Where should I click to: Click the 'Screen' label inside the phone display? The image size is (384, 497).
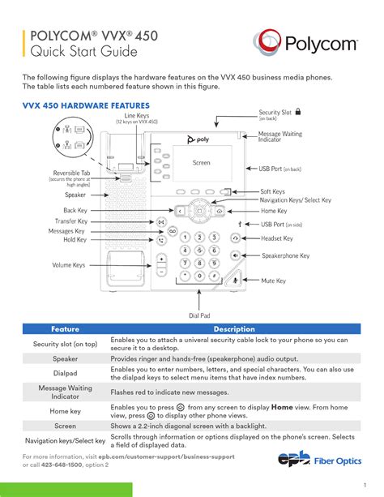point(201,163)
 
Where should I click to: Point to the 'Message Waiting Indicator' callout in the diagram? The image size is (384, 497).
point(281,137)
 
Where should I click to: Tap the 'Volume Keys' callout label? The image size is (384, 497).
point(69,265)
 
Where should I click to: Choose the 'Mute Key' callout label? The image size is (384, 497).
point(273,281)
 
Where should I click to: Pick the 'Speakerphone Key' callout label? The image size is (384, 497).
point(285,255)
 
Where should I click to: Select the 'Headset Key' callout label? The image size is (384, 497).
point(276,239)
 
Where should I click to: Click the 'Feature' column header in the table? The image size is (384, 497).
point(65,330)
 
